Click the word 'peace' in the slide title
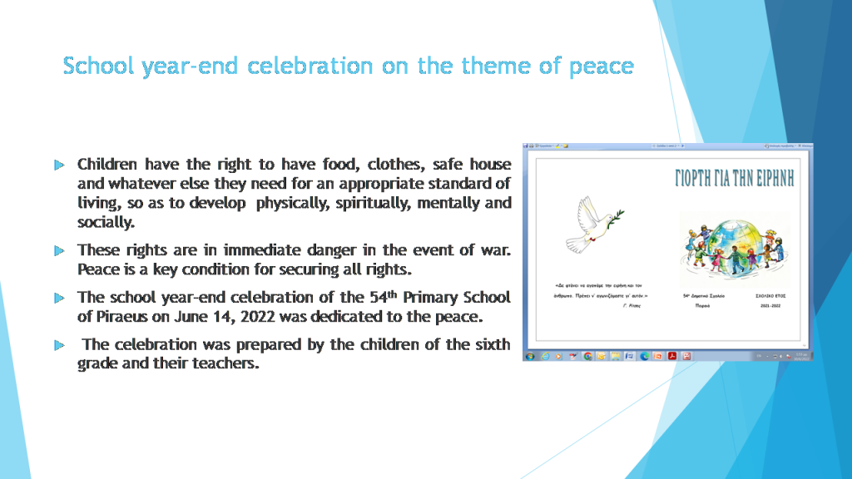(601, 67)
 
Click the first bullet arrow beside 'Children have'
(59, 165)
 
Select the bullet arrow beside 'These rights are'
(59, 250)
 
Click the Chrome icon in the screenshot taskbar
(588, 356)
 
